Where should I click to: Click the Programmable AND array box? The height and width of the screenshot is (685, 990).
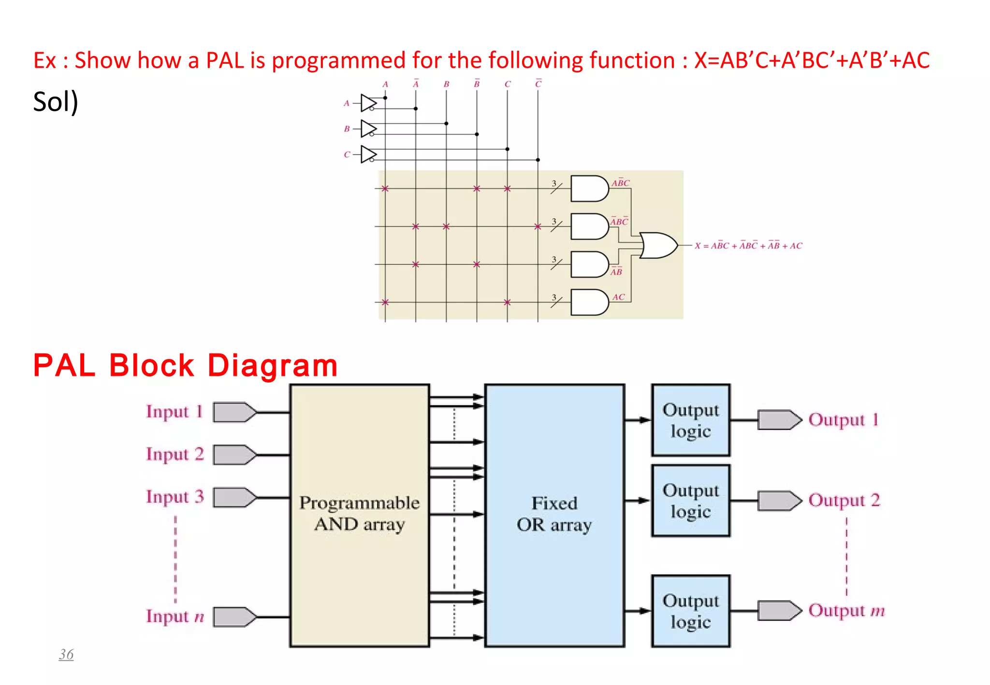pyautogui.click(x=359, y=515)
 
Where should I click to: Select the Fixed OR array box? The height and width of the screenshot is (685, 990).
pyautogui.click(x=554, y=515)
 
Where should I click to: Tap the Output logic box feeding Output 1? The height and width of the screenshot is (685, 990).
pyautogui.click(x=690, y=420)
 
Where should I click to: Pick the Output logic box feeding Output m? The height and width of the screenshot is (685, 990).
pyautogui.click(x=690, y=611)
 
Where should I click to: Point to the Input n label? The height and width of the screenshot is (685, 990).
pyautogui.click(x=175, y=616)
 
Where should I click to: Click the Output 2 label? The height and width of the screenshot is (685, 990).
pyautogui.click(x=844, y=500)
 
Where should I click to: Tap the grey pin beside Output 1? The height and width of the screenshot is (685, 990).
pyautogui.click(x=778, y=420)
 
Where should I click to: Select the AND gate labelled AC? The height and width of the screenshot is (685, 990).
pyautogui.click(x=589, y=302)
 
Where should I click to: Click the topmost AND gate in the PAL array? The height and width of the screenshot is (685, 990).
pyautogui.click(x=589, y=188)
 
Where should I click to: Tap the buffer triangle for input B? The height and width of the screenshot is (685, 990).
pyautogui.click(x=368, y=128)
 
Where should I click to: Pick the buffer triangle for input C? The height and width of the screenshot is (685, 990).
pyautogui.click(x=368, y=155)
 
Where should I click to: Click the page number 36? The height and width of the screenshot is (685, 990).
pyautogui.click(x=66, y=655)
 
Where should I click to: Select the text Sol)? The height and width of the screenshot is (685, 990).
pyautogui.click(x=56, y=102)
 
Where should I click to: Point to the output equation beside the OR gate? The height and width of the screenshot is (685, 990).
pyautogui.click(x=748, y=245)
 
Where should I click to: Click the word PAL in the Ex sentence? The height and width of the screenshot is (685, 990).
pyautogui.click(x=225, y=60)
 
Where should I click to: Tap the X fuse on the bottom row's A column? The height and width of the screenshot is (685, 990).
pyautogui.click(x=385, y=302)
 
